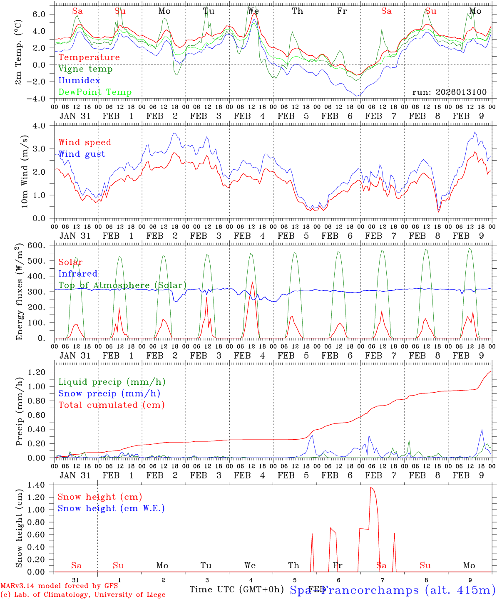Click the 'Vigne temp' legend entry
[x=85, y=69]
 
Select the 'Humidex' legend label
[x=79, y=81]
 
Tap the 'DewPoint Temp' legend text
[x=95, y=92]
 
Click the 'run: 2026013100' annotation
[x=449, y=92]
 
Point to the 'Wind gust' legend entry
[x=82, y=154]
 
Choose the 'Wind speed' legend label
[x=85, y=142]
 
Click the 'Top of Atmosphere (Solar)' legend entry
[x=122, y=285]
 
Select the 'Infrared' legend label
[x=78, y=274]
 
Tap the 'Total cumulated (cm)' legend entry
[x=111, y=405]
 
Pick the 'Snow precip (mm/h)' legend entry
[x=109, y=394]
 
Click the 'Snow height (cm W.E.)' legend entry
[x=111, y=508]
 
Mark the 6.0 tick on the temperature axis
[x=42, y=14]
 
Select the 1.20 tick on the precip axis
[x=40, y=372]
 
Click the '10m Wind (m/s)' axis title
[x=24, y=171]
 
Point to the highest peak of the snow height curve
[x=371, y=487]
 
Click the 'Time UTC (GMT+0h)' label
[x=236, y=589]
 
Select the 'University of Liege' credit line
[x=83, y=595]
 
